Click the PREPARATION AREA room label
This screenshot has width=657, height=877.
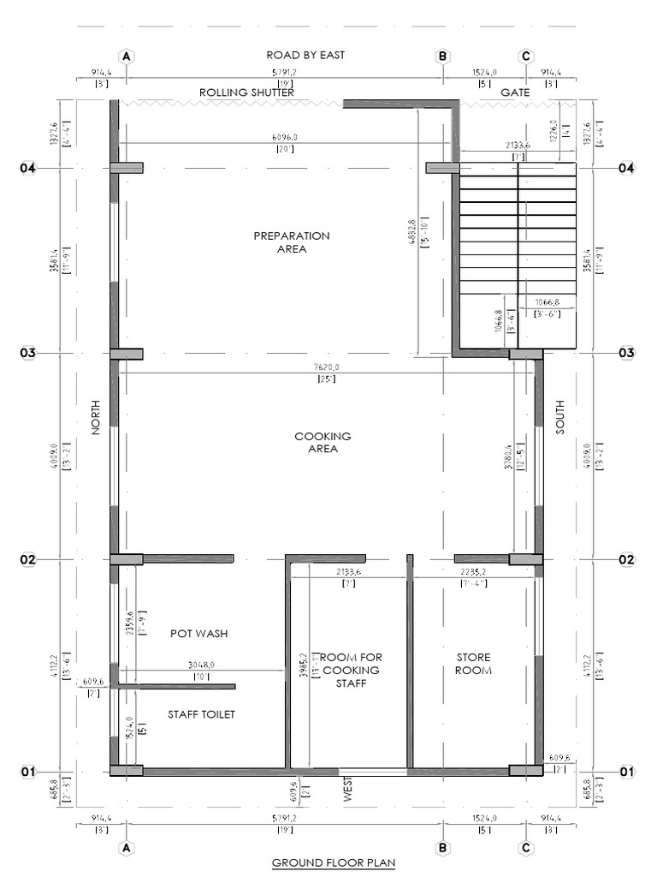point(291,242)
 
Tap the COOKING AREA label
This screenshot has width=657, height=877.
point(323,442)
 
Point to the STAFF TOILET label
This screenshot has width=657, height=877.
point(200,713)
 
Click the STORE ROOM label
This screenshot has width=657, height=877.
point(473,663)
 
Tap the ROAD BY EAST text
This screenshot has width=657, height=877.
point(305,56)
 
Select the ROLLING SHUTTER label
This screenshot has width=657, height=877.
point(246,92)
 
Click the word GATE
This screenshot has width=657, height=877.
point(515,92)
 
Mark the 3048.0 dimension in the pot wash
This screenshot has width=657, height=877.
point(201,665)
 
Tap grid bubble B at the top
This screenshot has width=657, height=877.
point(443,57)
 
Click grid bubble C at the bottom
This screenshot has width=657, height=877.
point(526,848)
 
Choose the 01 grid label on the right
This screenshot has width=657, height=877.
point(627,772)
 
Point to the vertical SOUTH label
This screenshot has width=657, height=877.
point(560,417)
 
